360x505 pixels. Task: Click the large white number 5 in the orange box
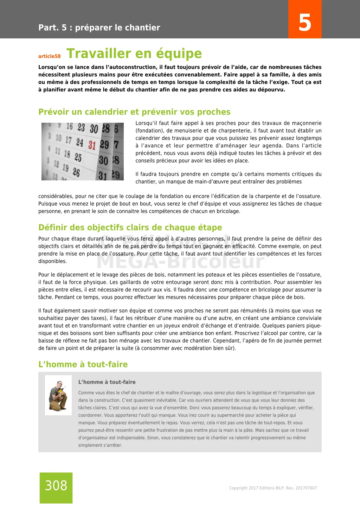click(x=305, y=23)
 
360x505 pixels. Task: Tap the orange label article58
click(x=50, y=56)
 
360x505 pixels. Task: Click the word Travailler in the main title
click(x=99, y=53)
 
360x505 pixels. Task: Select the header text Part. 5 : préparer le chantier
click(x=99, y=28)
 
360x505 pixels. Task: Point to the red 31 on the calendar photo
click(x=92, y=145)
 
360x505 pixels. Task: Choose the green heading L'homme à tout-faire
click(x=83, y=364)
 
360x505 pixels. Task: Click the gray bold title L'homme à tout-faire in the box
click(x=107, y=382)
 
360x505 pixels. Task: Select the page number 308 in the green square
click(x=56, y=486)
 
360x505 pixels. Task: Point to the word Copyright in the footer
click(x=238, y=488)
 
